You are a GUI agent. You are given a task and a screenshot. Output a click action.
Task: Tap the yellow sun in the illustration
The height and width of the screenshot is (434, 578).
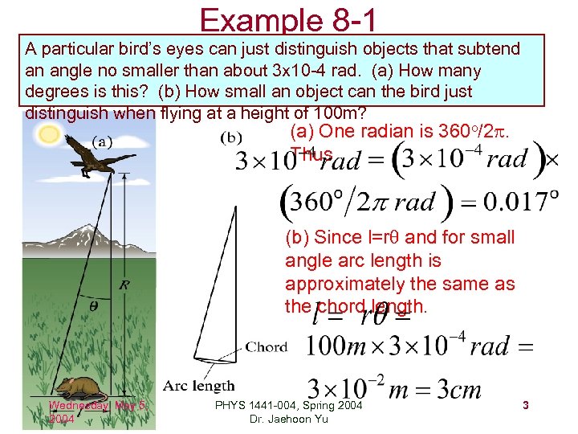[50, 133]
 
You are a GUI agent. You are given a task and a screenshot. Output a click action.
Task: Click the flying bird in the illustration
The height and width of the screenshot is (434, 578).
[83, 156]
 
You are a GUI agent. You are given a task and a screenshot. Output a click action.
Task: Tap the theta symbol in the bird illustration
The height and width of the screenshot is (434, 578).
[94, 305]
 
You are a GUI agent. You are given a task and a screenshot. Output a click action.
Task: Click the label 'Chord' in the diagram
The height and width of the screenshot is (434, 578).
[266, 347]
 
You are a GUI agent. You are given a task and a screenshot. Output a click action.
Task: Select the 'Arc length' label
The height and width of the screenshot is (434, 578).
[198, 386]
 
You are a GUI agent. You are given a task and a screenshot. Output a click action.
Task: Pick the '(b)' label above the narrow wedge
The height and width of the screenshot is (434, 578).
[231, 137]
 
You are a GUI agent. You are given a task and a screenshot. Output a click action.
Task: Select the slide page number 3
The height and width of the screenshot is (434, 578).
[525, 406]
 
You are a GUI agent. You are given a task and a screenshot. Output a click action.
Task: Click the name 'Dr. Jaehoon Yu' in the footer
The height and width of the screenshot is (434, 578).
[288, 419]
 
